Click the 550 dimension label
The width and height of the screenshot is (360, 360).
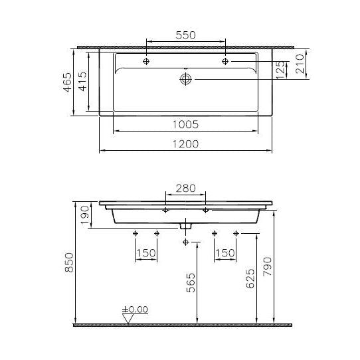coord(185,35)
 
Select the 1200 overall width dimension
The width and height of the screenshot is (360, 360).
coord(185,144)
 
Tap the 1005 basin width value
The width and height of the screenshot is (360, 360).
coord(185,124)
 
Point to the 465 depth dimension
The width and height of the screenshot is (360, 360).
coord(68,82)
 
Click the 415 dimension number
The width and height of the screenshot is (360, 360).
coord(83,81)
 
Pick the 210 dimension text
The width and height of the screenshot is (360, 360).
coord(300,64)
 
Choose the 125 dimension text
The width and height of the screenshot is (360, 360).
coord(280,70)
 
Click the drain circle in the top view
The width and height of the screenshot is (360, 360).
coord(185,79)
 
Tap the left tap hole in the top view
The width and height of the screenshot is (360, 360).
coord(146,61)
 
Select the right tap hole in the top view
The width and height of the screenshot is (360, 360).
coord(225,61)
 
